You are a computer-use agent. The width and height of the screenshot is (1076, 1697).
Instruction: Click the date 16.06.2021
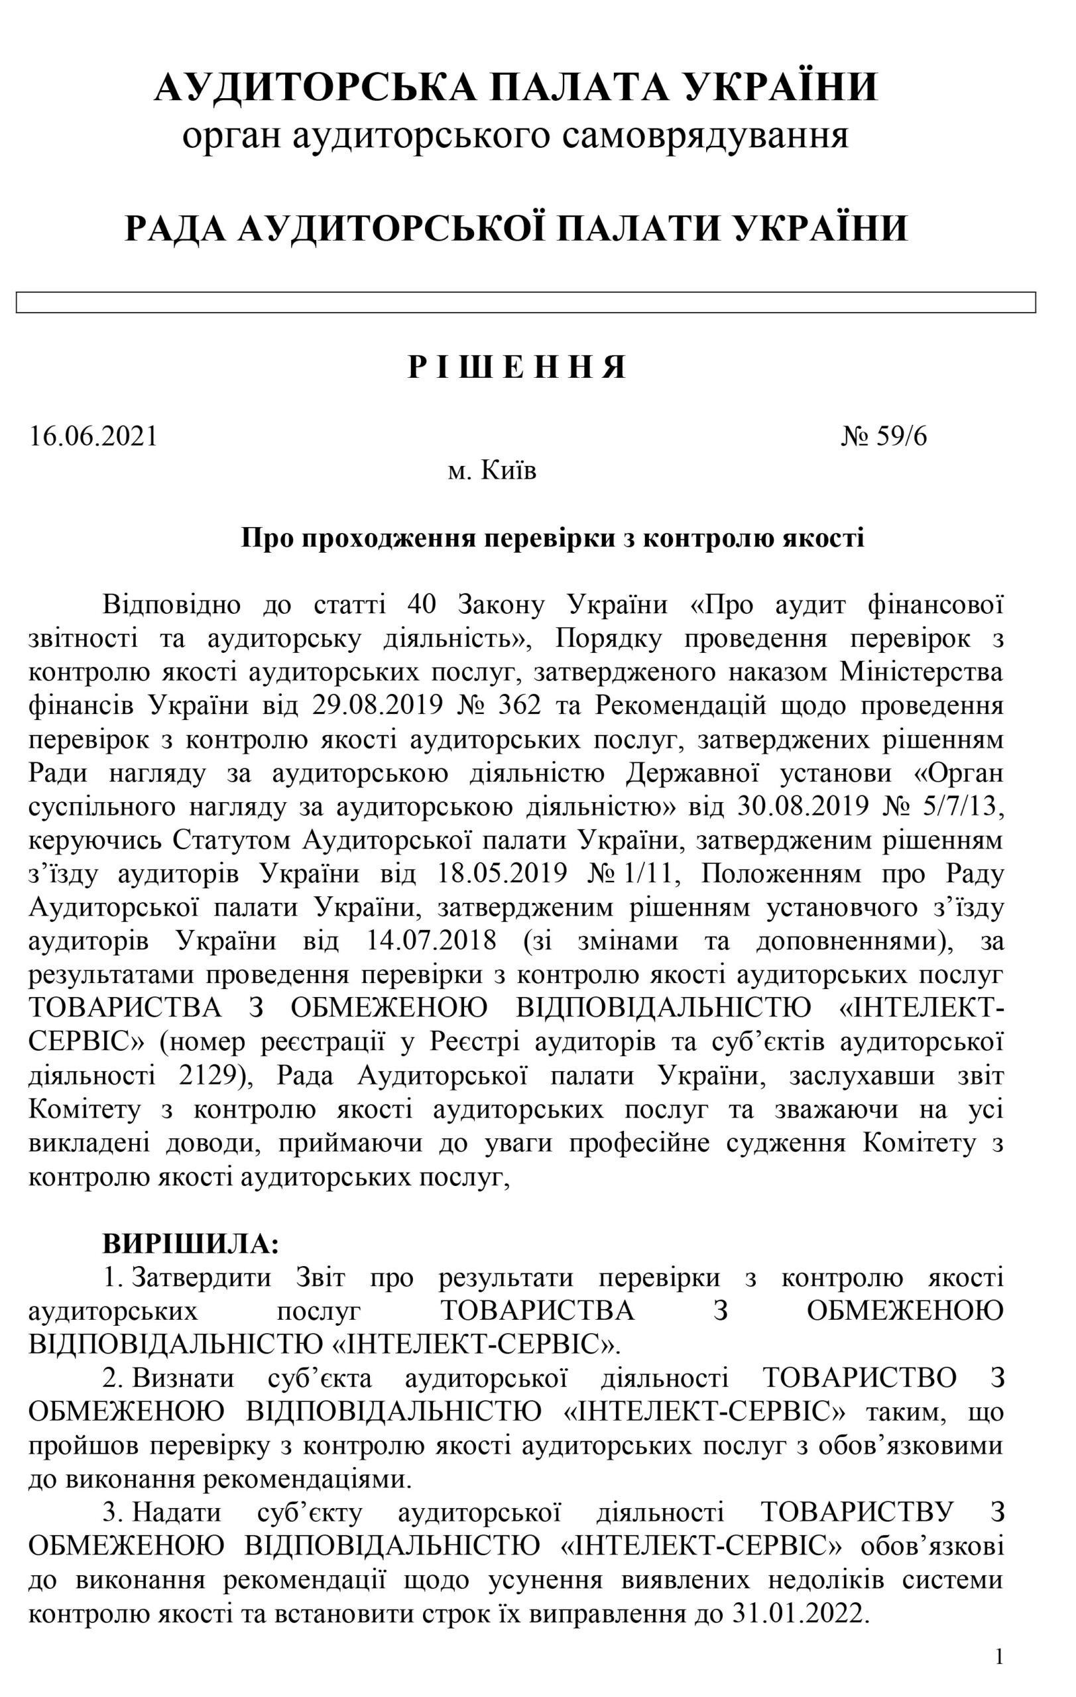point(93,437)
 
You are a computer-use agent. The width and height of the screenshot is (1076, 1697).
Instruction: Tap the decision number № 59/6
point(885,437)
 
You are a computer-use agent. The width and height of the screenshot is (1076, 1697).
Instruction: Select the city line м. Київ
point(492,470)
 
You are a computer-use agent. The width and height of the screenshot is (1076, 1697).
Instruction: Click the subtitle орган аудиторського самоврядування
point(515,135)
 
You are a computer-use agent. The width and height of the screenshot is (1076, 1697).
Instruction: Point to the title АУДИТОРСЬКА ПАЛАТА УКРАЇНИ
point(516,87)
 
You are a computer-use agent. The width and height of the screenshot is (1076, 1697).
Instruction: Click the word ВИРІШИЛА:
point(191,1244)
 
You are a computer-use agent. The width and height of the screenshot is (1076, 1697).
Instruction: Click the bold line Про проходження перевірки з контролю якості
point(552,538)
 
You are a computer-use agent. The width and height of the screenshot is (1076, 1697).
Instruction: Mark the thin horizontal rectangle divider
point(526,302)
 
